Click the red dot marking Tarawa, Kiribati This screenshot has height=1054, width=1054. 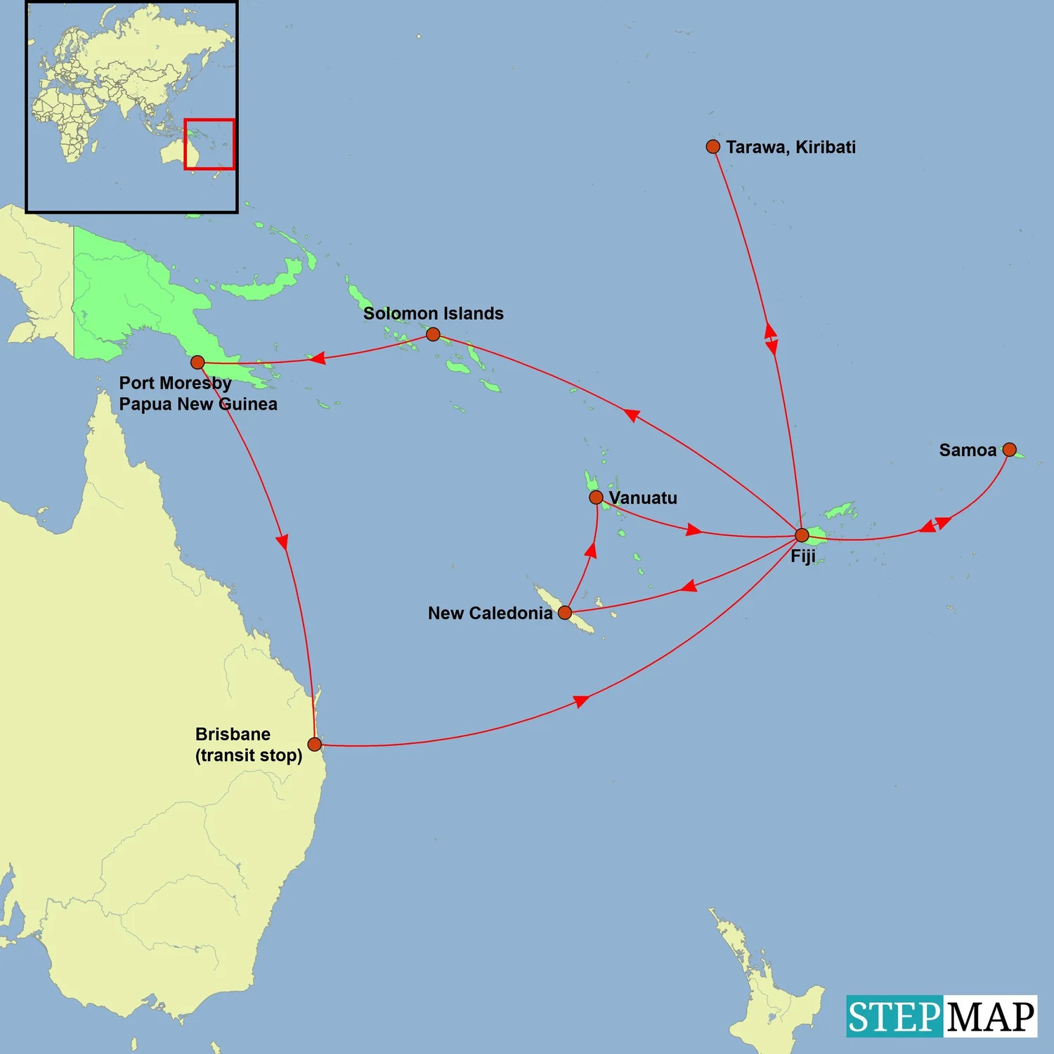713,146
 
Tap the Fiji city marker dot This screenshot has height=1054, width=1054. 802,535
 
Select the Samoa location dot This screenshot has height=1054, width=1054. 1009,450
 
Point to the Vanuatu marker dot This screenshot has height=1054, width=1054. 596,497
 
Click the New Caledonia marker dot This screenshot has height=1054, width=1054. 565,613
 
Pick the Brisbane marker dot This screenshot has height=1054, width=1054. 315,744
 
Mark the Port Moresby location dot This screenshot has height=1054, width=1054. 197,363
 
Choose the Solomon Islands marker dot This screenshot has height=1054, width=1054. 433,334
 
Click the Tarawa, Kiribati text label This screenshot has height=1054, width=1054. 790,147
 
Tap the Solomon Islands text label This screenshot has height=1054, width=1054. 433,313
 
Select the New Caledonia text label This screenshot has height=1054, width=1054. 490,613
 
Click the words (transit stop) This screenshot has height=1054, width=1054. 249,755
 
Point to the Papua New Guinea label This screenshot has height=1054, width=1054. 198,404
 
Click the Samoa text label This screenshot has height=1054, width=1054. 968,450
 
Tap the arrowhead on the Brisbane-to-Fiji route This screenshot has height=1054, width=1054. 580,701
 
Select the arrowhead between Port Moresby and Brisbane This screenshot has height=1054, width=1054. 282,541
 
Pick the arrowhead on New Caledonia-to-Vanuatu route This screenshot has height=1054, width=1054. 591,550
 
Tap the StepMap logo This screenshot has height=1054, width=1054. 941,1016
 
